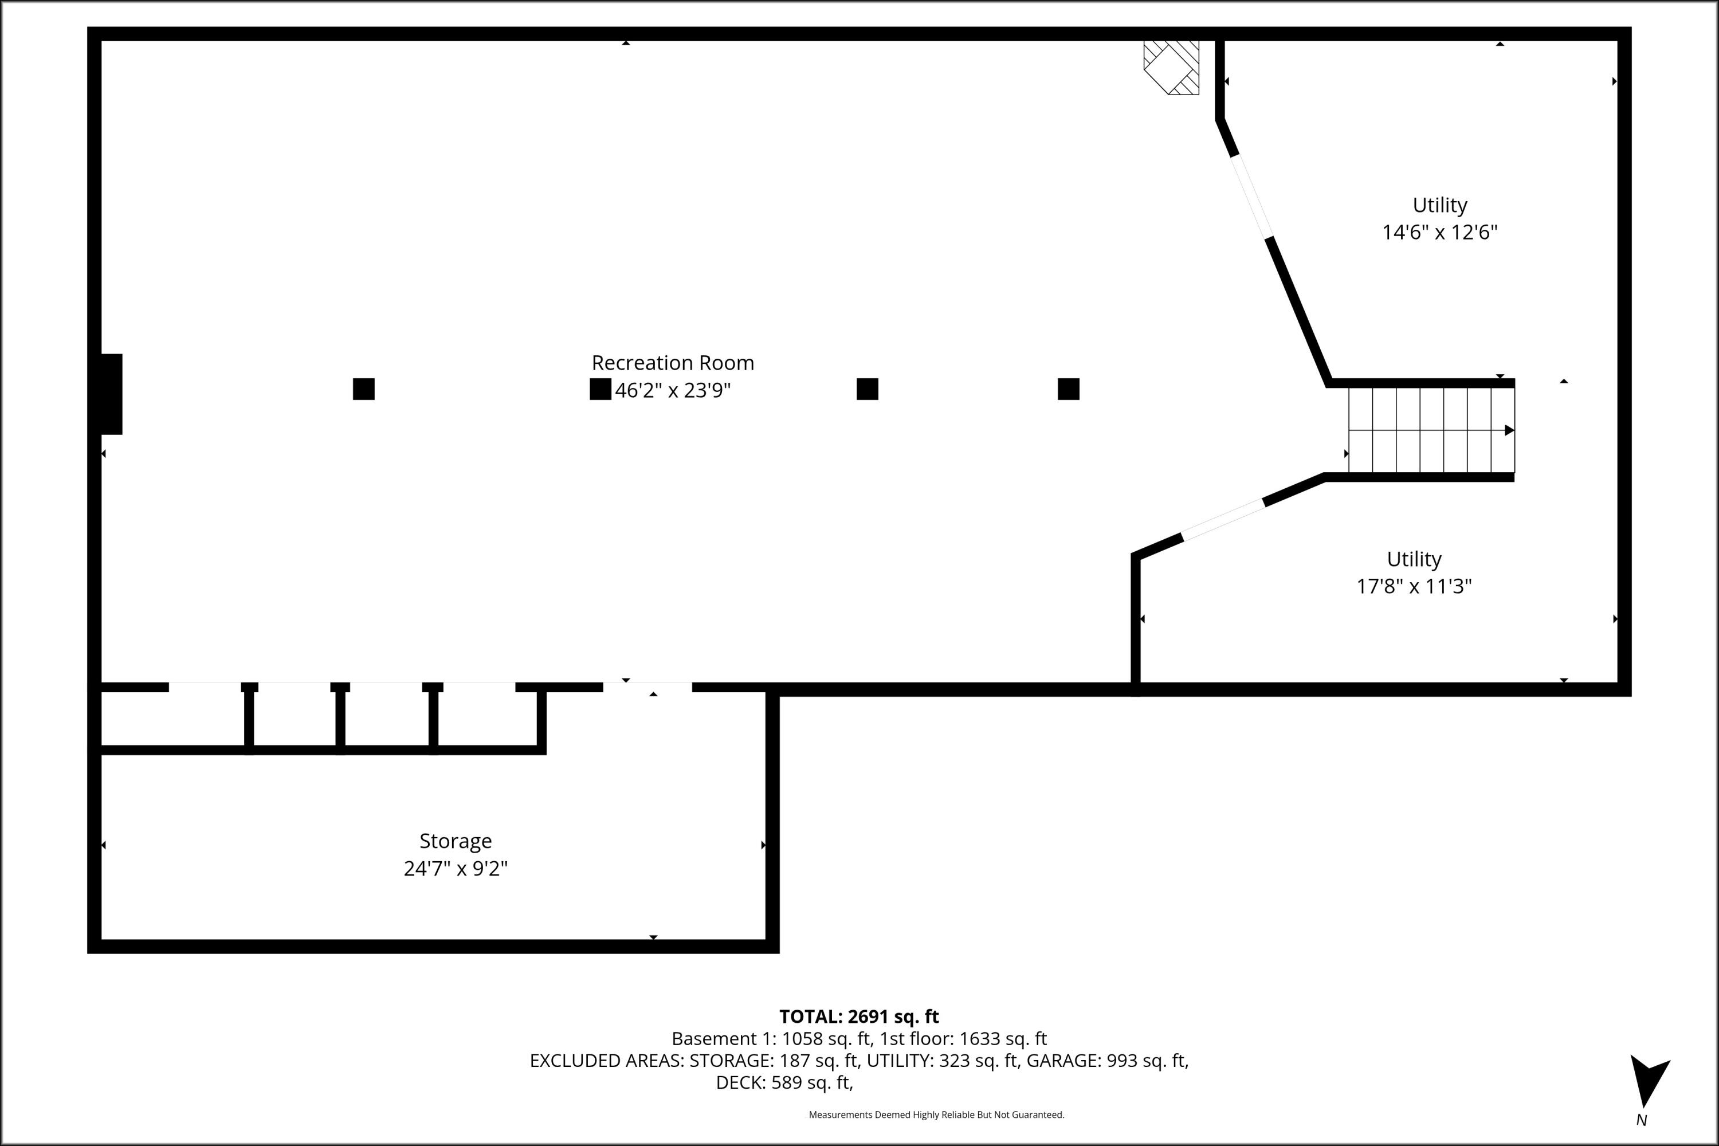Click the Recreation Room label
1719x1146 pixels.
coord(672,363)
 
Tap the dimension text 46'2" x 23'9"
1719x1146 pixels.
coord(672,390)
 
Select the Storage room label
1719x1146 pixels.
coord(456,841)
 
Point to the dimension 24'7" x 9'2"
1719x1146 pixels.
coord(456,868)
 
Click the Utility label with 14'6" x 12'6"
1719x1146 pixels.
coord(1439,205)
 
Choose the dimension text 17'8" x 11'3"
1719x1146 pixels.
coord(1414,586)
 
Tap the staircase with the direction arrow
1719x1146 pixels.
coord(1430,430)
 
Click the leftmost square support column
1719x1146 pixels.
coord(363,389)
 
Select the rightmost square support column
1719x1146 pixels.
coord(1068,389)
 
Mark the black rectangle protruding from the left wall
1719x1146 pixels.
coord(111,394)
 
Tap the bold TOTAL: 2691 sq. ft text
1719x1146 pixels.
coord(859,1017)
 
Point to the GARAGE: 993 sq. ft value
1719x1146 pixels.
coord(1106,1061)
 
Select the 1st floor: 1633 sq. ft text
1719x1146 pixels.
coord(963,1038)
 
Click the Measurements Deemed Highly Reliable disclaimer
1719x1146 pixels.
coord(936,1114)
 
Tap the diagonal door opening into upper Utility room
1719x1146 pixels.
coord(1252,196)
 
